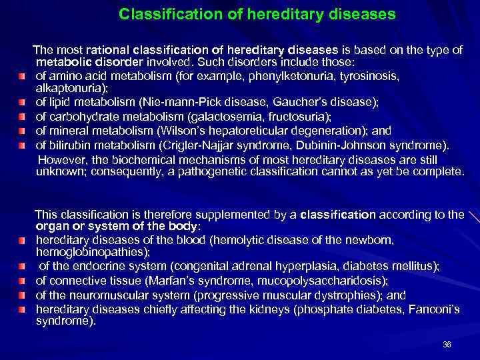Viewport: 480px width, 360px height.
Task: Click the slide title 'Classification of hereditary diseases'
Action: point(257,13)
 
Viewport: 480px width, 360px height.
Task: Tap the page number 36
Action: point(447,344)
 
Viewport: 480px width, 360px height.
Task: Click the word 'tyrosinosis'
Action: point(374,76)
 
